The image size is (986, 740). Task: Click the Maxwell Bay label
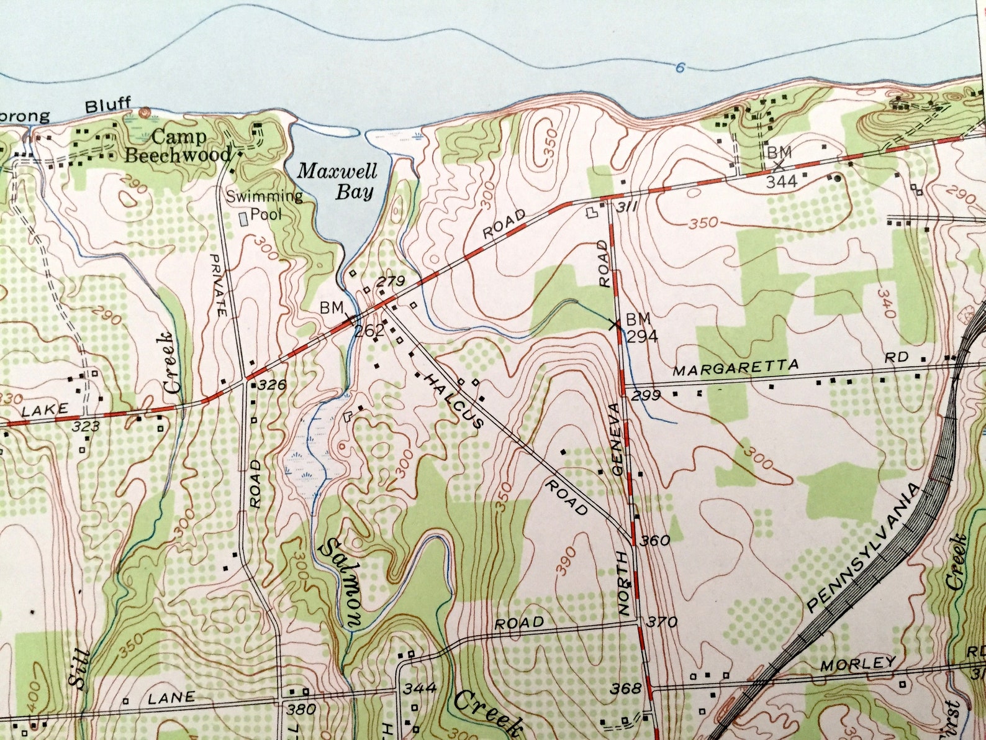click(x=337, y=181)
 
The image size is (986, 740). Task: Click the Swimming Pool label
click(x=265, y=205)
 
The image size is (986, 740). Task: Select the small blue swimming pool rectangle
click(x=244, y=218)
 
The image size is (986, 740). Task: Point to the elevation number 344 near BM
click(x=781, y=182)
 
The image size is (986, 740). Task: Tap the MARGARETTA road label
click(x=736, y=368)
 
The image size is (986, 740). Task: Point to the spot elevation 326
click(x=272, y=385)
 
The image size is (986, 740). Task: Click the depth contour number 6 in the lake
click(x=681, y=67)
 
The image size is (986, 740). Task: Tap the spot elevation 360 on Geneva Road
click(x=654, y=541)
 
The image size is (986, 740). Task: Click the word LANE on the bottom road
click(x=171, y=698)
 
